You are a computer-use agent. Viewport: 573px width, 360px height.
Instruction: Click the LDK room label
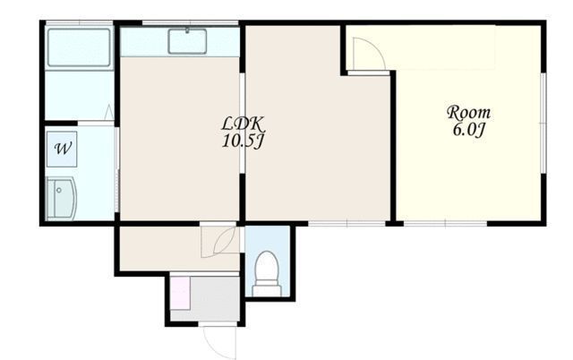click(x=243, y=124)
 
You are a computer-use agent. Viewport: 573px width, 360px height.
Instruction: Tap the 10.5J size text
click(x=243, y=141)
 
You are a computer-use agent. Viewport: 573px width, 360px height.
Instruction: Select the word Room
click(x=469, y=113)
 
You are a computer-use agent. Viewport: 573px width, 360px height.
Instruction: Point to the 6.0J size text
click(x=469, y=130)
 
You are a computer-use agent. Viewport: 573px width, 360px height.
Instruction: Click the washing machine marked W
click(x=62, y=149)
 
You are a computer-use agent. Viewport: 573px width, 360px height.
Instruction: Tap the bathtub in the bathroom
click(x=79, y=47)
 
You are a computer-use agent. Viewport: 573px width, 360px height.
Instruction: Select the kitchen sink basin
click(x=187, y=41)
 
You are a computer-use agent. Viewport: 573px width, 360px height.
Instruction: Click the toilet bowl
click(x=267, y=266)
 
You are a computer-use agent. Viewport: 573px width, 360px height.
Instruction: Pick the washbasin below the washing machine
click(x=62, y=199)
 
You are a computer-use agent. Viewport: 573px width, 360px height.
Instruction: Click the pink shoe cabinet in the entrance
click(x=180, y=294)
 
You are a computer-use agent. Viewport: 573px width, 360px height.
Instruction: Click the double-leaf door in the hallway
click(x=219, y=242)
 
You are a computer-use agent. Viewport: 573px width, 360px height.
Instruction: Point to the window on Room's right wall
click(x=543, y=124)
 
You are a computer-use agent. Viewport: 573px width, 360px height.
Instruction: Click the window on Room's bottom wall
click(x=446, y=223)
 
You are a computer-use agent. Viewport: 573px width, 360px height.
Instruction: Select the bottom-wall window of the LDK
click(x=346, y=223)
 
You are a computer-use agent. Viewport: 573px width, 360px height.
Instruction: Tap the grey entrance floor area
click(x=215, y=298)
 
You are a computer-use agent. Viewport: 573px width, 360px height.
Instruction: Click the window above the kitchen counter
click(x=190, y=23)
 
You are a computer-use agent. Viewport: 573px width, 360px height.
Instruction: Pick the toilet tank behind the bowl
click(x=267, y=290)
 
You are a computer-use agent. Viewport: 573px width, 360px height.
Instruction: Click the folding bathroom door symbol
click(x=109, y=112)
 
